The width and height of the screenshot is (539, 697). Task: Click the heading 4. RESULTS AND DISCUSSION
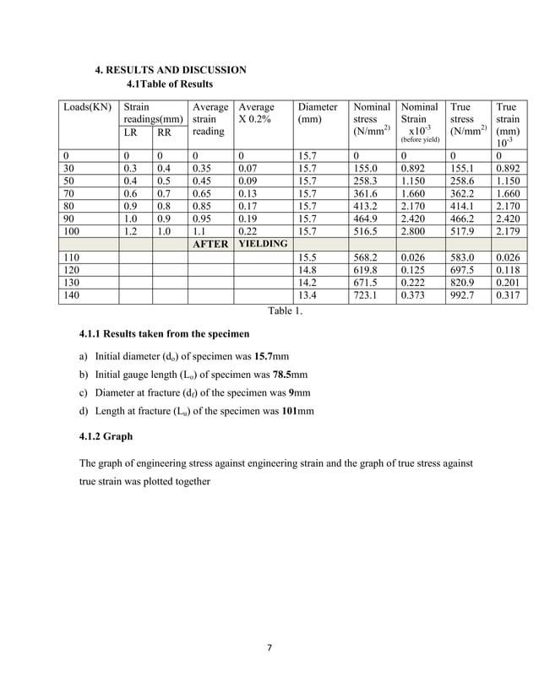click(x=170, y=69)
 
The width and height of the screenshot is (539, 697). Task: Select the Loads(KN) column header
click(x=87, y=108)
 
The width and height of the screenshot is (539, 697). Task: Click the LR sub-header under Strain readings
click(x=130, y=132)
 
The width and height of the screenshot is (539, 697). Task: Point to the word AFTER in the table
click(x=210, y=244)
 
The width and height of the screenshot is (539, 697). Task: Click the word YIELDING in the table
click(x=263, y=243)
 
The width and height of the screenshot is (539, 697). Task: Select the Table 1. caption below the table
click(x=285, y=311)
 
